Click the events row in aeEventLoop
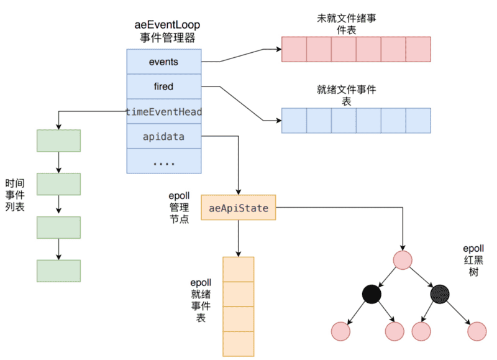click(x=164, y=62)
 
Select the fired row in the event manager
click(x=164, y=86)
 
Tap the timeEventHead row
click(x=164, y=111)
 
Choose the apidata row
click(x=164, y=136)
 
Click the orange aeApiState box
click(x=239, y=208)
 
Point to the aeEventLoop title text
click(x=168, y=25)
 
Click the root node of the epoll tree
click(x=403, y=259)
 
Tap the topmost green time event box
click(x=58, y=141)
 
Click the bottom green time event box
click(x=58, y=271)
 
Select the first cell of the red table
click(x=294, y=49)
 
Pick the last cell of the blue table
click(x=418, y=121)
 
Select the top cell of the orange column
click(x=239, y=269)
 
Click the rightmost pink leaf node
click(x=477, y=331)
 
